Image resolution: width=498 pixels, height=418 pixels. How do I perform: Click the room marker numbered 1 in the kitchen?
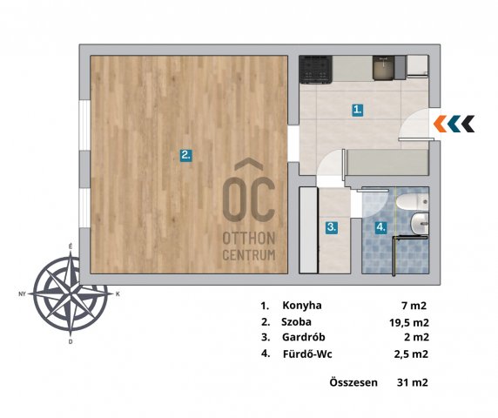(x=358, y=111)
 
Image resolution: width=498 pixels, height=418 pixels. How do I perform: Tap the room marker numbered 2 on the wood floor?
(x=185, y=156)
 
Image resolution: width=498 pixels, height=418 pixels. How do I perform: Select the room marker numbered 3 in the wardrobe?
(x=332, y=227)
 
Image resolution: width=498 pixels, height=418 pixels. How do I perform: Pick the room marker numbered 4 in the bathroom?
(x=380, y=227)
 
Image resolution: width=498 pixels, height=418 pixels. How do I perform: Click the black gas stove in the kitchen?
(x=316, y=70)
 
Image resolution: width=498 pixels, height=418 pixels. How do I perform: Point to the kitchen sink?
(x=383, y=68)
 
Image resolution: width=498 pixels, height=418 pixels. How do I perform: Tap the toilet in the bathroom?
(x=413, y=202)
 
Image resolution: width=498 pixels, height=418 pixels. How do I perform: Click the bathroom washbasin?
(x=420, y=225)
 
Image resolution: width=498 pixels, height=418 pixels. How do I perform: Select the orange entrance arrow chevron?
(x=440, y=124)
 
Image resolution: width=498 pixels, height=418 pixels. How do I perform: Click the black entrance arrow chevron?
(x=468, y=124)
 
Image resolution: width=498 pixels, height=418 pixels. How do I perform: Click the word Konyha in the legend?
(x=302, y=306)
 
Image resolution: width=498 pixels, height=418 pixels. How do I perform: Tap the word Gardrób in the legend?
(x=304, y=337)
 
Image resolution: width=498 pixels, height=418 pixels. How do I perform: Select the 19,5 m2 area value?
(x=409, y=323)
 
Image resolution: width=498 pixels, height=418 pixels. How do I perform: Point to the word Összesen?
(x=353, y=382)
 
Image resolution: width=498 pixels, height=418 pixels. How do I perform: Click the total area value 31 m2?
(x=413, y=382)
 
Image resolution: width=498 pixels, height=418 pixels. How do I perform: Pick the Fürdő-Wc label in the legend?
(x=307, y=354)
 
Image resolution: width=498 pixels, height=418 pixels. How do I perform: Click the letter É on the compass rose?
(x=71, y=246)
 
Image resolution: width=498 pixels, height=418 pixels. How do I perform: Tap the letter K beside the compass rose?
(x=118, y=294)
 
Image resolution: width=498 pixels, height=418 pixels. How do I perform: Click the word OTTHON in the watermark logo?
(x=249, y=239)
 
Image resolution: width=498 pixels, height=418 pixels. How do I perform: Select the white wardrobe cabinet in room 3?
(x=309, y=230)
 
